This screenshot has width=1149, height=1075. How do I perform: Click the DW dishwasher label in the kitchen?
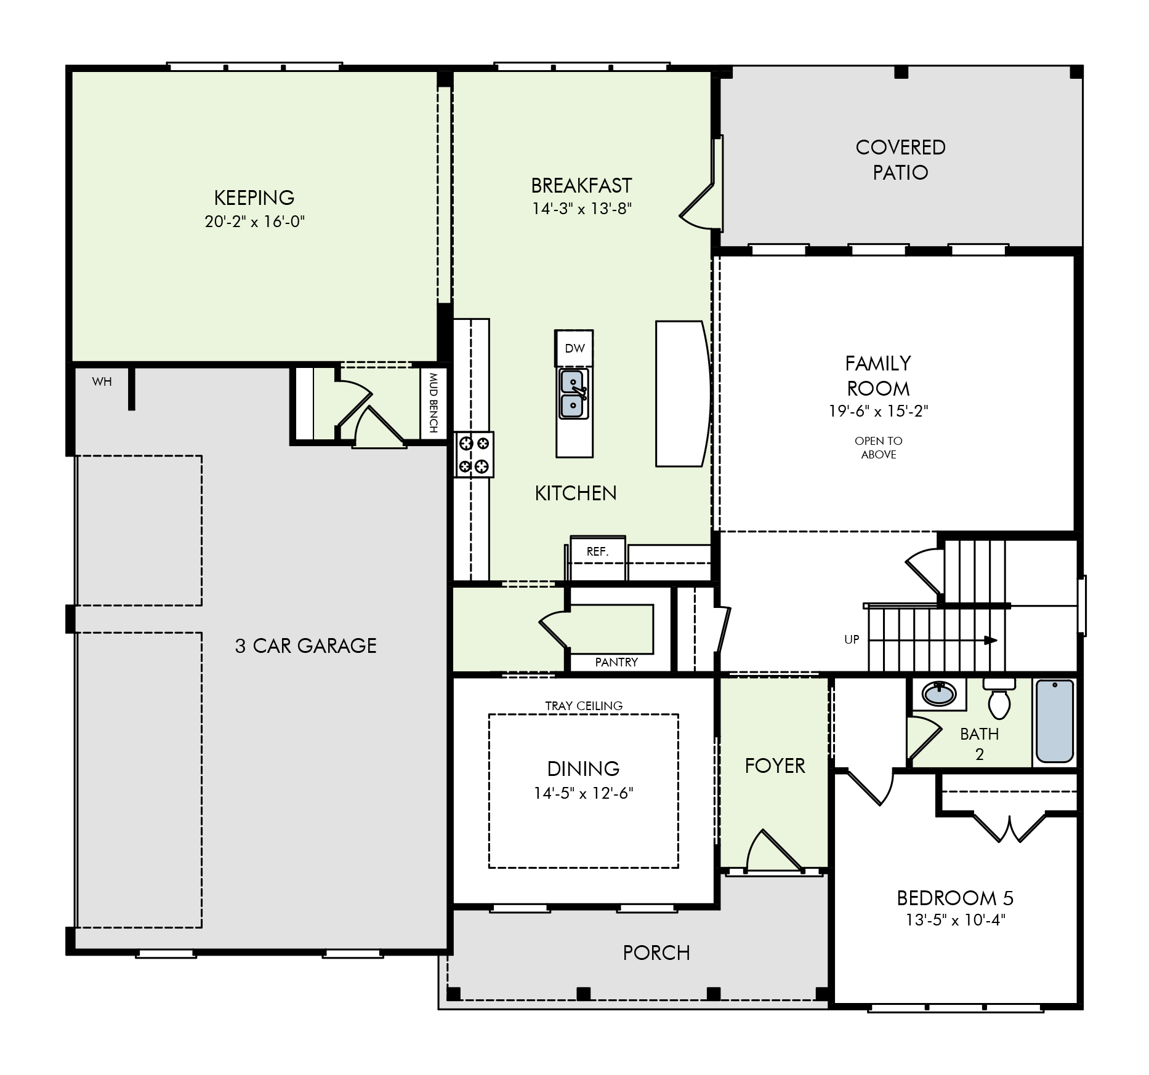coord(574,348)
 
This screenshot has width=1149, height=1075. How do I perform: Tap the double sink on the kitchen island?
coord(574,394)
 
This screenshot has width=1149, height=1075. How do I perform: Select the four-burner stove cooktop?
coord(474,454)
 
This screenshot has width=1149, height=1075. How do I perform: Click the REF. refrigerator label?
coord(597,552)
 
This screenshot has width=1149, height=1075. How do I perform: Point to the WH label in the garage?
coord(102,382)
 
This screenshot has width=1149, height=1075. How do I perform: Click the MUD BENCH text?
coord(433,402)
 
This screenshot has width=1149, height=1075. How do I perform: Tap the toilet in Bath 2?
coord(999,698)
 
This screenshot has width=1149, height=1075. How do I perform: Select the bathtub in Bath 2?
coord(1055,721)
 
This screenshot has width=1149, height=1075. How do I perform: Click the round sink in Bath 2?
coord(939,693)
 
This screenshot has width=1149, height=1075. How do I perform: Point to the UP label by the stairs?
coord(852,639)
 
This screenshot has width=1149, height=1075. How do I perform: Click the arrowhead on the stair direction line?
coord(991,641)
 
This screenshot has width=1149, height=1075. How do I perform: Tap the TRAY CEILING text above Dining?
coord(584,706)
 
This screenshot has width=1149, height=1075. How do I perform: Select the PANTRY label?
coord(616,662)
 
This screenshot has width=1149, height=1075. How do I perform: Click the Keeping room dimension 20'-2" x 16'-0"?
coord(255,222)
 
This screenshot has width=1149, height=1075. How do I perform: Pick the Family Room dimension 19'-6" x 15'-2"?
coord(878,411)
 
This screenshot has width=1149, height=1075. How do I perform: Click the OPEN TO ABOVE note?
coord(879,447)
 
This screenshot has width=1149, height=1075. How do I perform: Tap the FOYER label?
coord(775,765)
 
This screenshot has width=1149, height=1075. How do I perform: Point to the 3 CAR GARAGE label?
coord(305,645)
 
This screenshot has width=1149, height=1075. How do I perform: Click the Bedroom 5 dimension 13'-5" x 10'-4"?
coord(955,921)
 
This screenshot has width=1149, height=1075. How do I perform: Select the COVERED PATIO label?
coord(900,159)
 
